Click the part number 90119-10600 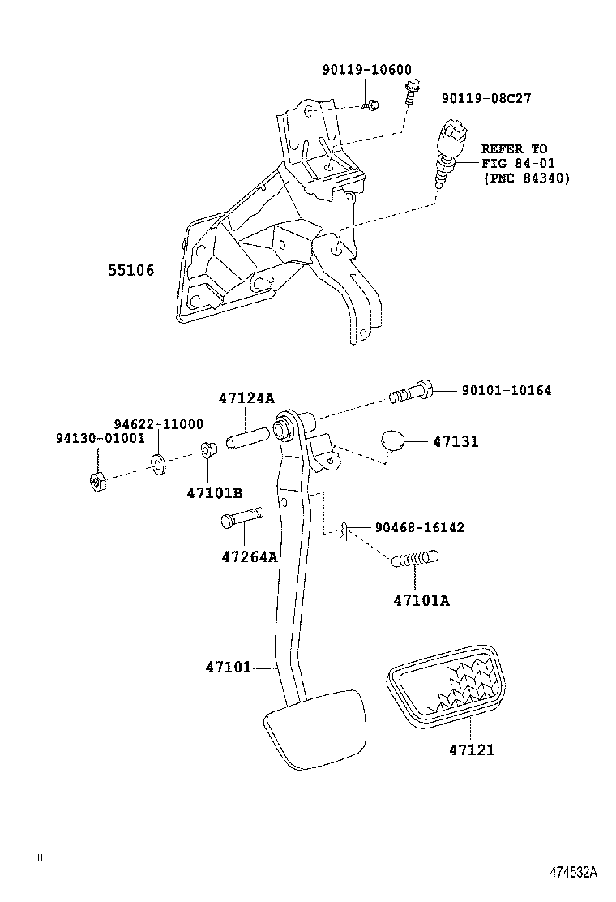coord(369,70)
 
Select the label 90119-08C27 coord(486,98)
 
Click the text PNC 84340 coord(526,178)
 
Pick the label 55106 coord(130,269)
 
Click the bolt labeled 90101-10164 coord(411,392)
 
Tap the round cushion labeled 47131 coord(393,441)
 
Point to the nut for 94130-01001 coord(96,482)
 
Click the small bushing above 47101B coord(208,451)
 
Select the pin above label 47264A coord(242,520)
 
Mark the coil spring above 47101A coord(415,559)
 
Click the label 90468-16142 coord(419,527)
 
